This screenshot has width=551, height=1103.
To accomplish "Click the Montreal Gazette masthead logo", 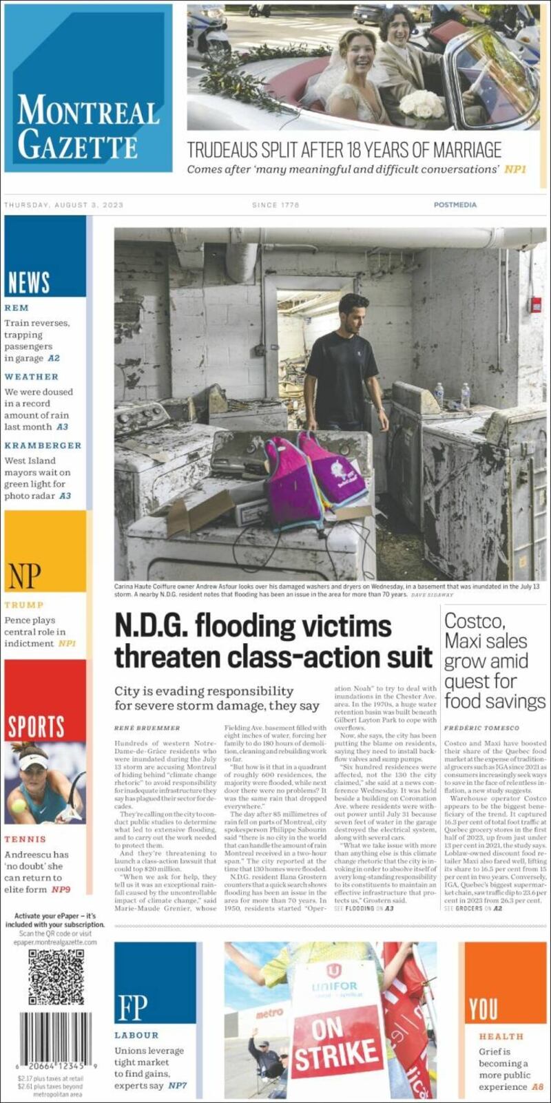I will tap(87, 126).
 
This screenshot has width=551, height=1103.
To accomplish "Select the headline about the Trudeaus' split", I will tap(344, 149).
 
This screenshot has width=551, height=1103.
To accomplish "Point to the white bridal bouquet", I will tap(422, 104).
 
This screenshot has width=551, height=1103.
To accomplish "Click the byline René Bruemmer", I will tap(147, 728).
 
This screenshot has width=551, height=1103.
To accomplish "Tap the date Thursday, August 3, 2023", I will tap(63, 205).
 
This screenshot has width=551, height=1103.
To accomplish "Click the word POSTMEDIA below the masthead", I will tap(455, 205).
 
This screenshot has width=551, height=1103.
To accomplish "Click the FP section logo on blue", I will tap(132, 1007).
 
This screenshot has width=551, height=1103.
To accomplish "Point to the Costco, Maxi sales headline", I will tap(495, 661).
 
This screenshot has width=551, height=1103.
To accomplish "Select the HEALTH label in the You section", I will tap(501, 1036).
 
